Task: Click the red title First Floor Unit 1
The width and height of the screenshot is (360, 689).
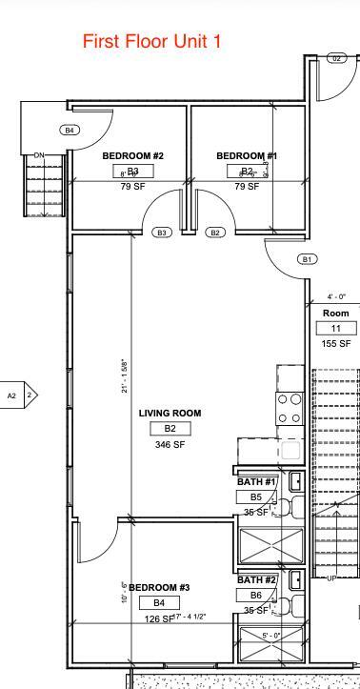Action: coord(152,41)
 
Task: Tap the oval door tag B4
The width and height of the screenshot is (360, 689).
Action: coord(70,130)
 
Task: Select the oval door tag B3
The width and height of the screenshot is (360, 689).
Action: coord(161,233)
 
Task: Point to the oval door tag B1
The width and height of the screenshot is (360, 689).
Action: coord(307,259)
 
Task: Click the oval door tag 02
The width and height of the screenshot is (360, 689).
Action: coord(336,58)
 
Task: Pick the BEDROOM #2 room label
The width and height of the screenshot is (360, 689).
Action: coord(133,155)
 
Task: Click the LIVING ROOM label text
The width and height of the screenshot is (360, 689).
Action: coord(170,413)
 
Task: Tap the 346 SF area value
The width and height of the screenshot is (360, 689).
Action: coord(170,444)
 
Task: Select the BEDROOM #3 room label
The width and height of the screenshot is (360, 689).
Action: coord(159,587)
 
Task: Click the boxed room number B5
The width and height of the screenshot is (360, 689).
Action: coord(256,497)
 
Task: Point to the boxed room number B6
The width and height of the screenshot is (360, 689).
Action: coord(256,595)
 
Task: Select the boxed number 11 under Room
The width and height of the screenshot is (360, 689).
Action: coord(336,328)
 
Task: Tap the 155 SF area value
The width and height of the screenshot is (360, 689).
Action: coord(336,343)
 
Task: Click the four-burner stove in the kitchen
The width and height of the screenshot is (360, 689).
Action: coord(290,408)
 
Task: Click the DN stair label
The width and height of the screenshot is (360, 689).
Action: coord(39,155)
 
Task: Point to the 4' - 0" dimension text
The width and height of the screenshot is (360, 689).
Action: coord(336,296)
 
